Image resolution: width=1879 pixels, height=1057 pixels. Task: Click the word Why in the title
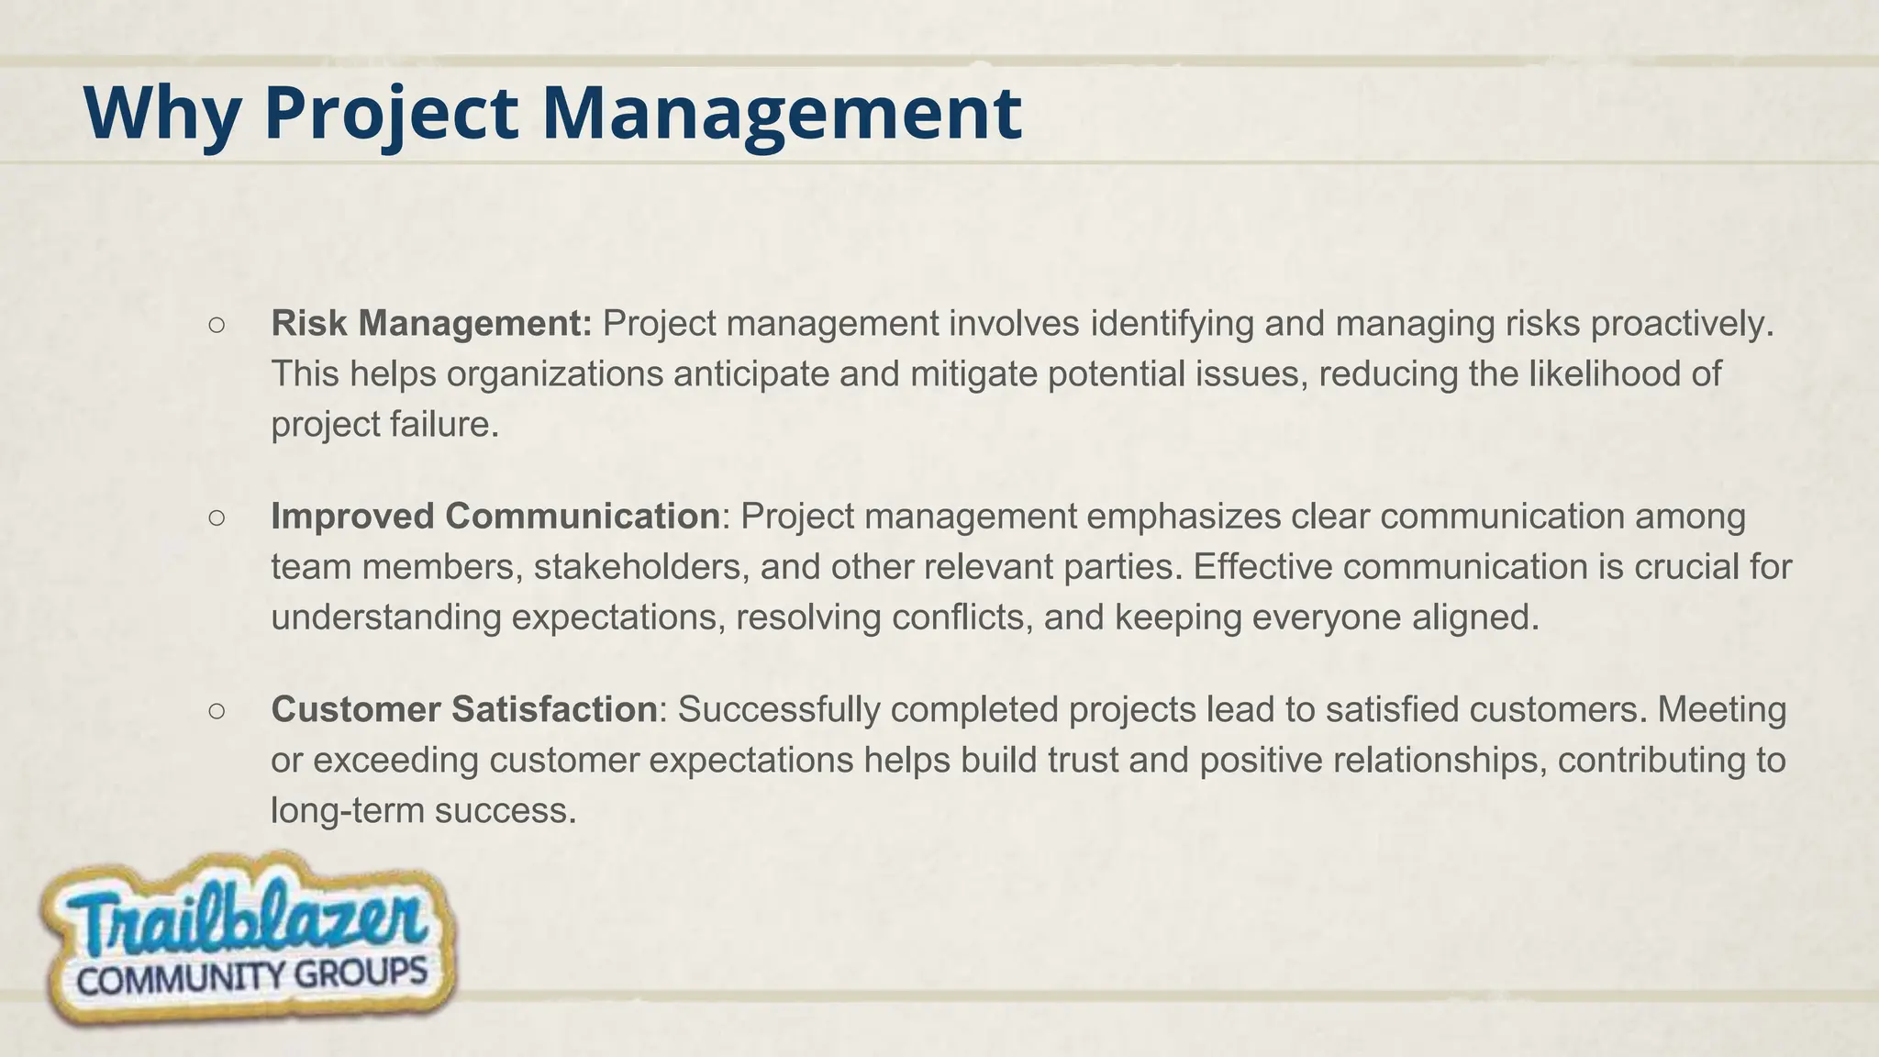[x=162, y=113]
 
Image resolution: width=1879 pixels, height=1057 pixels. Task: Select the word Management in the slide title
[x=782, y=113]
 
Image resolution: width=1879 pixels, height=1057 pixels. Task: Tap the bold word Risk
[x=309, y=323]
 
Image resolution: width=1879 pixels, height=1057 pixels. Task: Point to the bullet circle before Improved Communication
[x=217, y=517]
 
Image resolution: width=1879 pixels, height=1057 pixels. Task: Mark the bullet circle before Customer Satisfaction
[x=217, y=710]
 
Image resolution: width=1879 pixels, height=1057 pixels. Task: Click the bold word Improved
[x=352, y=517]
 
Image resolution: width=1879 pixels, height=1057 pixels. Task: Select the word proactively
[x=1682, y=323]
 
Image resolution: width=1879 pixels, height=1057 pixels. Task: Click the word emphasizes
[x=1184, y=517]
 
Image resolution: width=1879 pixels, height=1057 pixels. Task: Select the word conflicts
[x=962, y=617]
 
